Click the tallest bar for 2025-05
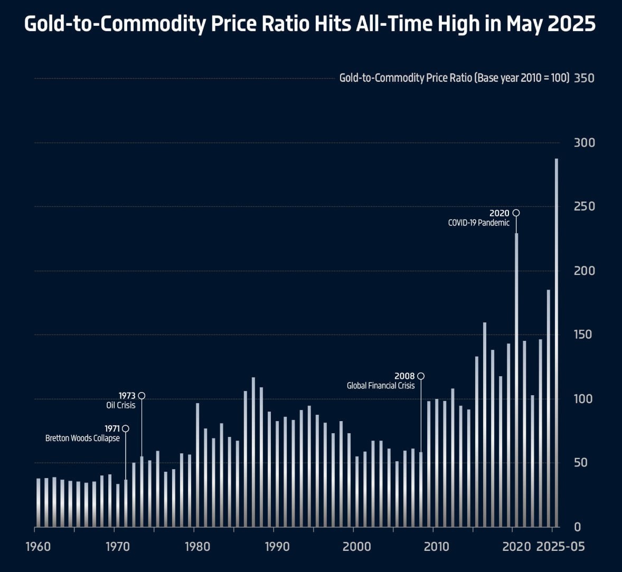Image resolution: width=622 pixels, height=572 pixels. (556, 343)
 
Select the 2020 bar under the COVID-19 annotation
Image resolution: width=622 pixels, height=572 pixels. (516, 380)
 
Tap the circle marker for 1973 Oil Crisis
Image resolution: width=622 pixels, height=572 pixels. (142, 396)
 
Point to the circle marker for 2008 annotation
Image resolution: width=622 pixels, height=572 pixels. (421, 376)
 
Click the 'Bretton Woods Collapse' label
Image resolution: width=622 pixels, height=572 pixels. (82, 438)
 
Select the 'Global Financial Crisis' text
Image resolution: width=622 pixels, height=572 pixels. (380, 386)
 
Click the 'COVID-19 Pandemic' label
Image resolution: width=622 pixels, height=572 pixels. (478, 223)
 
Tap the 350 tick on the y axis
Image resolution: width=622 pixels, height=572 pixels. (584, 78)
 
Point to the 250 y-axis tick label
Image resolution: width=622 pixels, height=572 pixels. (584, 206)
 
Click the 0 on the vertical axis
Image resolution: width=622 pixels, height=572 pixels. (577, 527)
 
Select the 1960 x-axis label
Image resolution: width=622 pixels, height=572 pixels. (38, 547)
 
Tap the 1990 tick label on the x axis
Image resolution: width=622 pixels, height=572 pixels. (277, 547)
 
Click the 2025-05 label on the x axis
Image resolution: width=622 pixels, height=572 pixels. (560, 547)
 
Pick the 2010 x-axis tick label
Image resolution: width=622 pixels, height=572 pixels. (437, 547)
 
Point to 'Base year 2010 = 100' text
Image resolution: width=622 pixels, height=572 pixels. (523, 78)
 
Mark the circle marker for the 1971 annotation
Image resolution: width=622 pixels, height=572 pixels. (125, 428)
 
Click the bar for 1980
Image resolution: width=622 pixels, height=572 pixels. (197, 464)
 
